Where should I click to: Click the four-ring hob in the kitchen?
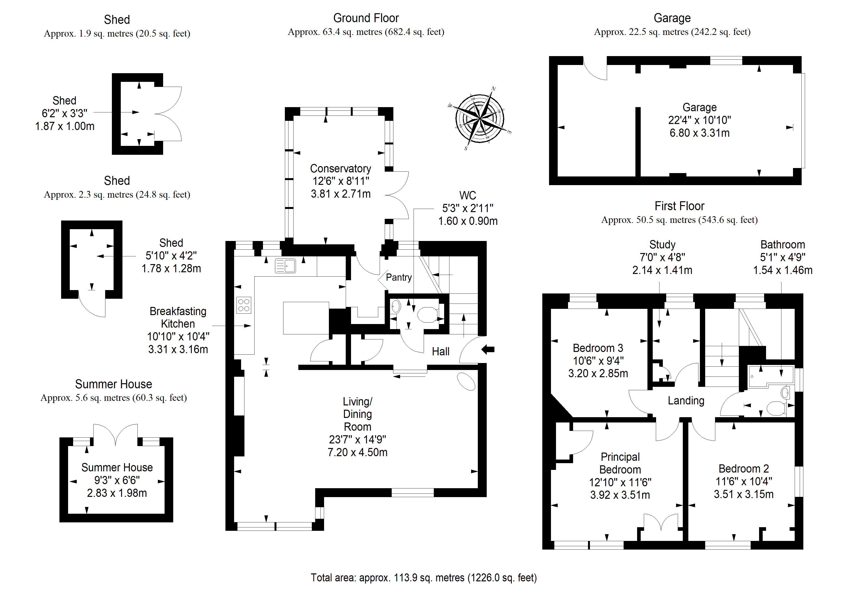(x=244, y=305)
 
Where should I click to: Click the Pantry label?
(x=399, y=277)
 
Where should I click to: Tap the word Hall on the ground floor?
(x=440, y=352)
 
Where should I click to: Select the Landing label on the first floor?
(x=686, y=401)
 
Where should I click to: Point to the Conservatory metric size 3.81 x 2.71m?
(x=341, y=194)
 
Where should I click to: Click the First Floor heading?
(x=679, y=206)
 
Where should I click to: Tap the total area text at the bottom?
(x=423, y=578)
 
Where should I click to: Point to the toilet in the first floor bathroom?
(x=776, y=408)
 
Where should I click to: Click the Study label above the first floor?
(x=662, y=245)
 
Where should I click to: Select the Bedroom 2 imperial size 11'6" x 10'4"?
(x=744, y=481)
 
